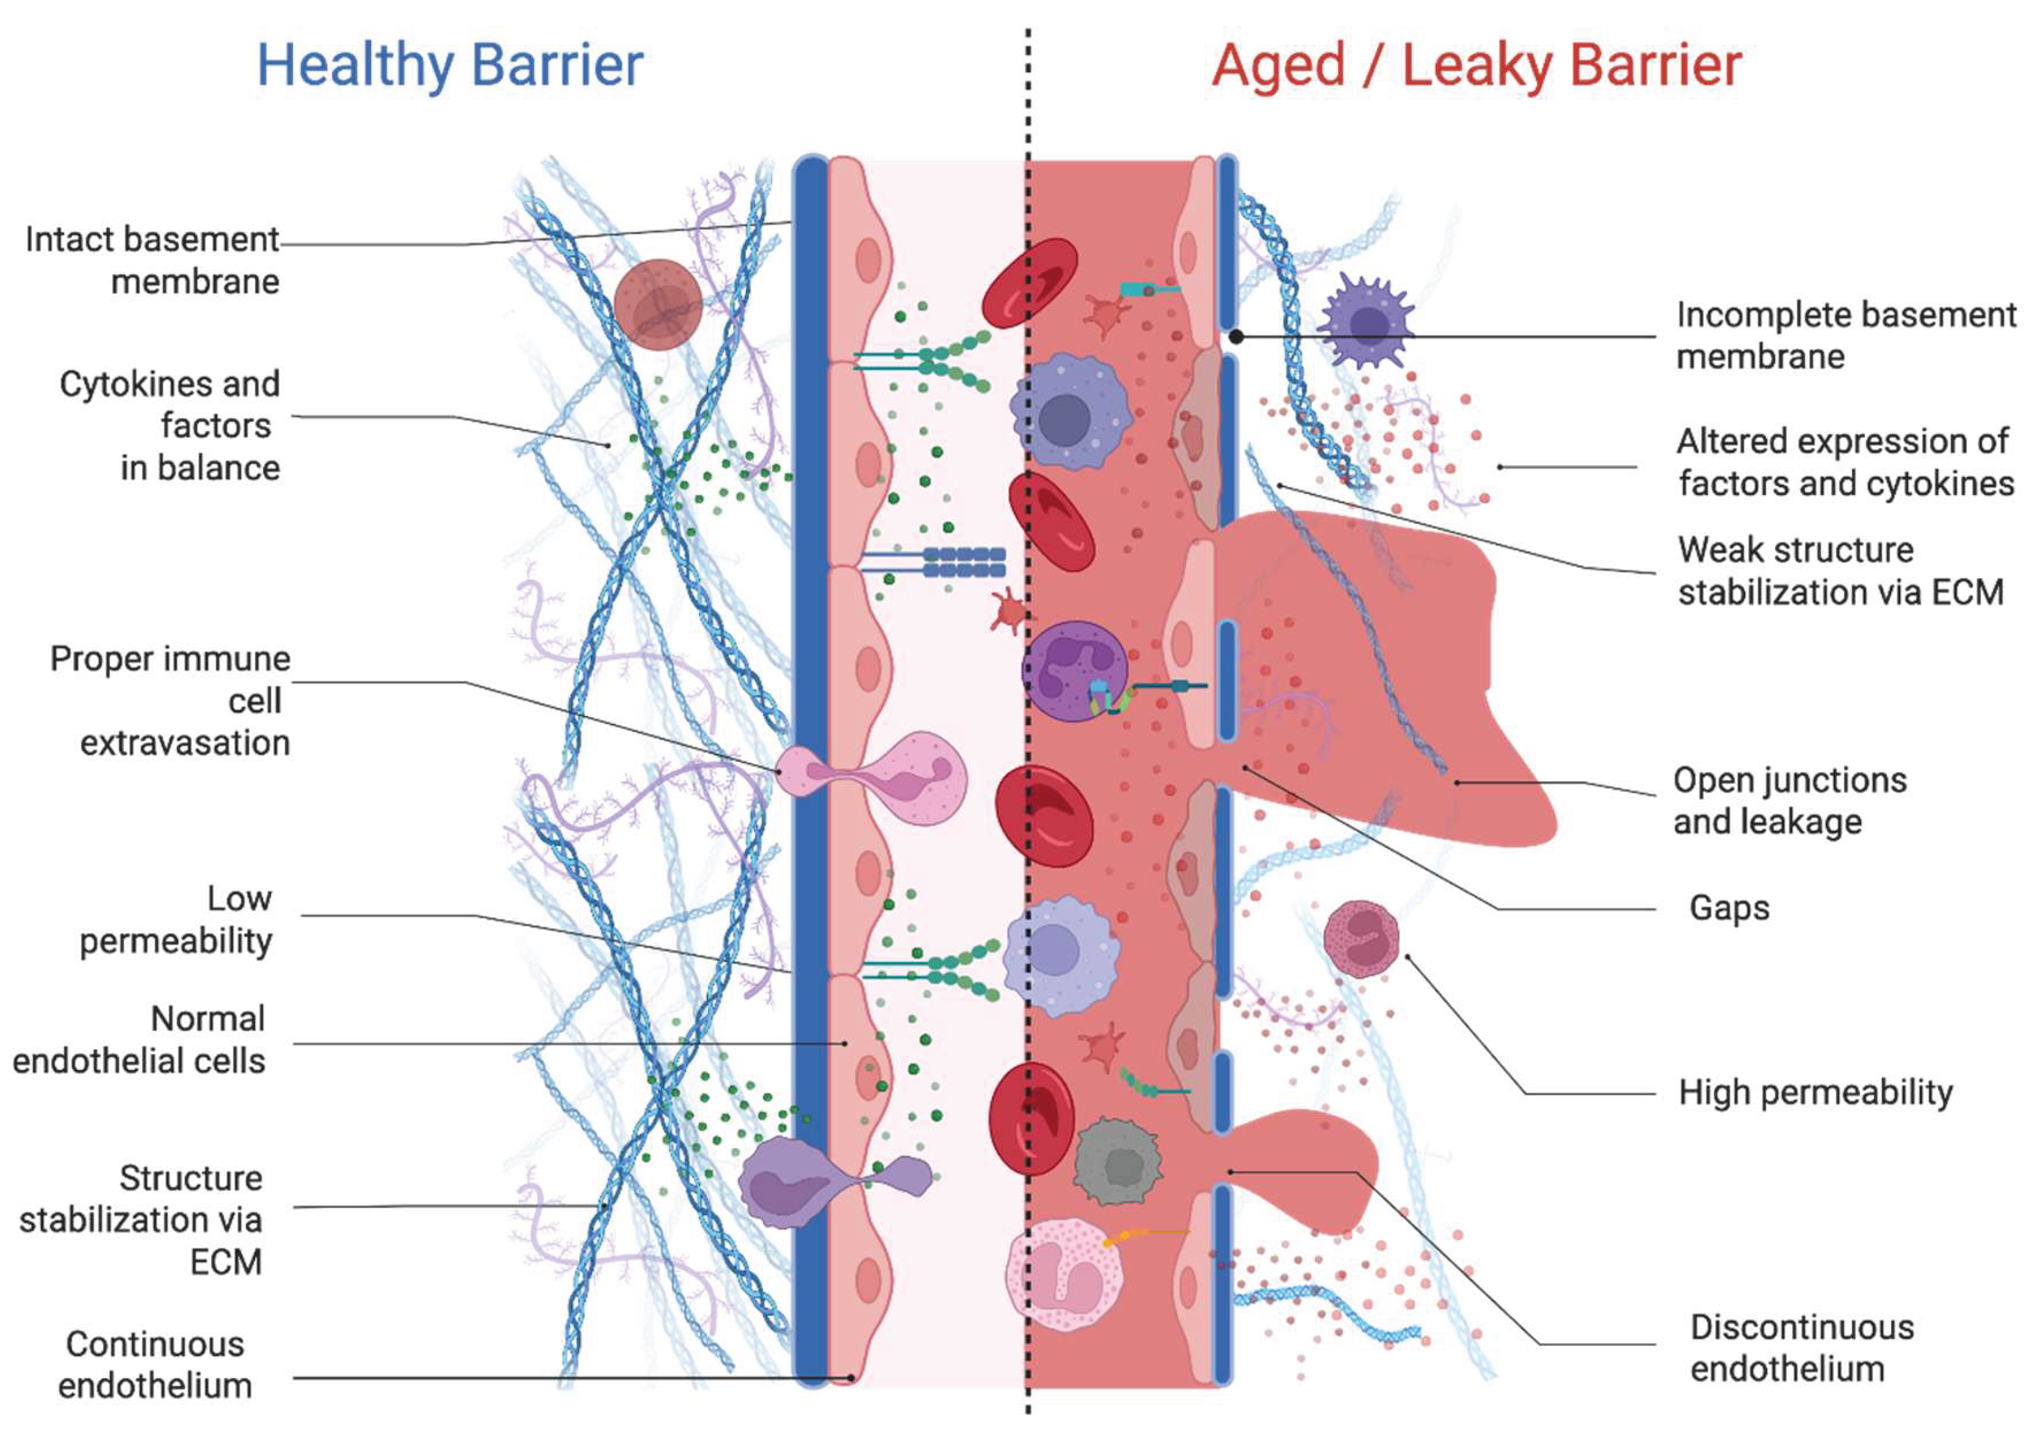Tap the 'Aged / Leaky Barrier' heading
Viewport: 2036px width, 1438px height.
click(1477, 65)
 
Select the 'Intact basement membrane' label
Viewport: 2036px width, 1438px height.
click(152, 260)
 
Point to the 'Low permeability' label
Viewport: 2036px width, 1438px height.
click(177, 920)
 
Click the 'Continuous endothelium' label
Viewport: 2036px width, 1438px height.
click(155, 1365)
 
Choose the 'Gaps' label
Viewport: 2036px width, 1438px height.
click(1729, 908)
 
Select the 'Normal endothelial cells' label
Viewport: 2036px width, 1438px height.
click(139, 1040)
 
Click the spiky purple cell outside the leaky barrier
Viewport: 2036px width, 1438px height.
click(1367, 323)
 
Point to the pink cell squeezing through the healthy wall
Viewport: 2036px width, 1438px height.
click(874, 778)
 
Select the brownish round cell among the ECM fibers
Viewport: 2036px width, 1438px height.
click(658, 304)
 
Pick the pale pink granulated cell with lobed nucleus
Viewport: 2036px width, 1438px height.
click(1064, 1275)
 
